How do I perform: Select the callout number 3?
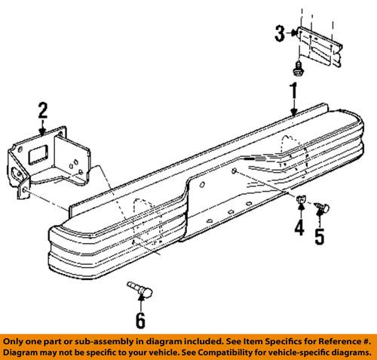[x=280, y=32]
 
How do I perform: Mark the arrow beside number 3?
[x=291, y=32]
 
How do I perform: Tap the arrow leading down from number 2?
[x=44, y=129]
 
